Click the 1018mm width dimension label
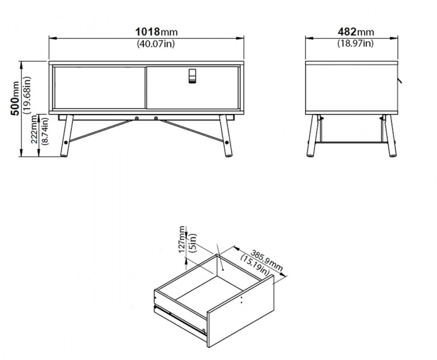(156, 32)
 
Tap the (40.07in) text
(156, 44)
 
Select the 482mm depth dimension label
(356, 32)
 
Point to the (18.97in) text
(355, 43)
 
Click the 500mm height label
(14, 98)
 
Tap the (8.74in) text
(44, 130)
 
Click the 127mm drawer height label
(182, 239)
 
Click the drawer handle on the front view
(192, 76)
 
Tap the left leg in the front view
(66, 136)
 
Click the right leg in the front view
(225, 136)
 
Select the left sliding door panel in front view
(100, 88)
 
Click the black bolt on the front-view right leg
(227, 142)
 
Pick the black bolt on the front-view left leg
(66, 142)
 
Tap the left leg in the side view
(313, 136)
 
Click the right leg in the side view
(390, 136)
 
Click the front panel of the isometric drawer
(241, 311)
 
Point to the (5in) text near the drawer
(192, 243)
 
